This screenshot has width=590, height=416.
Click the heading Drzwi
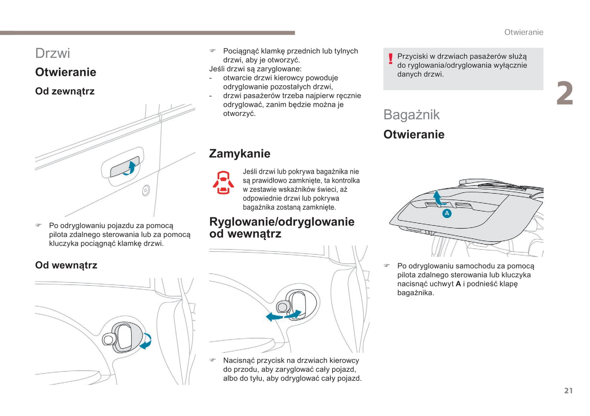click(53, 53)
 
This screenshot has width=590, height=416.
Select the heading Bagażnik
click(411, 115)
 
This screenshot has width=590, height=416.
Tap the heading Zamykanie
click(240, 153)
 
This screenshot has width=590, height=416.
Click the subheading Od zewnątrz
click(65, 91)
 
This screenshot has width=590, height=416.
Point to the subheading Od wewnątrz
click(66, 265)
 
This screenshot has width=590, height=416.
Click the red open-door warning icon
click(223, 182)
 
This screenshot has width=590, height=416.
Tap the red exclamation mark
click(390, 59)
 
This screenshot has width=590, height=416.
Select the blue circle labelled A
click(447, 213)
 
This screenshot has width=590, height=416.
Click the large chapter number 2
click(565, 93)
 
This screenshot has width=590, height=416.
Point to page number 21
click(568, 391)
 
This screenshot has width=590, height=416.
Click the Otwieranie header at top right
click(523, 32)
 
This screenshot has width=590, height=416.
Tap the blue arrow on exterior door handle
click(130, 168)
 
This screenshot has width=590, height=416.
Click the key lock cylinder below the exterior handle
click(146, 190)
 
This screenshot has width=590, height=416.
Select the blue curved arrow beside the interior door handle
click(145, 341)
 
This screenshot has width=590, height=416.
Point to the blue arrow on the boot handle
click(438, 198)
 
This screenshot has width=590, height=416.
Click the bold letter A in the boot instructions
click(458, 284)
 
